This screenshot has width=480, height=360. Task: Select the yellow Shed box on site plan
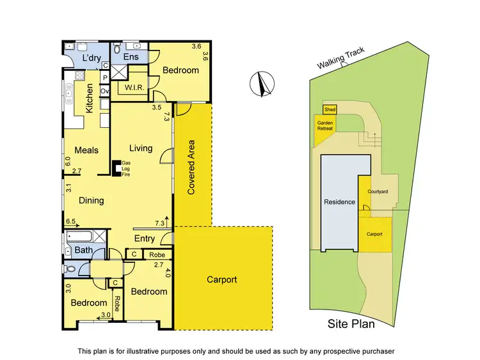(x=330, y=110)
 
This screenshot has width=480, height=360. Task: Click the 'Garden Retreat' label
(x=326, y=125)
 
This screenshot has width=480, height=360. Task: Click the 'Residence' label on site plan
(x=339, y=202)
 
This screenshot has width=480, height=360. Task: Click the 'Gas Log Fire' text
(x=126, y=169)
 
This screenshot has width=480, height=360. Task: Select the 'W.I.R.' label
(x=133, y=88)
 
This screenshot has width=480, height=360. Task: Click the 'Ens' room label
(x=131, y=58)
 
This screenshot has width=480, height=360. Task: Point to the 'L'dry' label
(x=93, y=59)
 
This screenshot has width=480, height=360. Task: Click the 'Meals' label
(x=86, y=150)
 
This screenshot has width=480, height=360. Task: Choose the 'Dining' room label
(x=92, y=200)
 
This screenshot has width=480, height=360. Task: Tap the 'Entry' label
(x=144, y=239)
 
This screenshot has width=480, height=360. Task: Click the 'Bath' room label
(x=83, y=249)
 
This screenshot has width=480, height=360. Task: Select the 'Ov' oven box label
(x=105, y=91)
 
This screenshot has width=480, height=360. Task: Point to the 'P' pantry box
(x=105, y=78)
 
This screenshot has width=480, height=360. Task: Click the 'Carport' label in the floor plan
(x=221, y=279)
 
